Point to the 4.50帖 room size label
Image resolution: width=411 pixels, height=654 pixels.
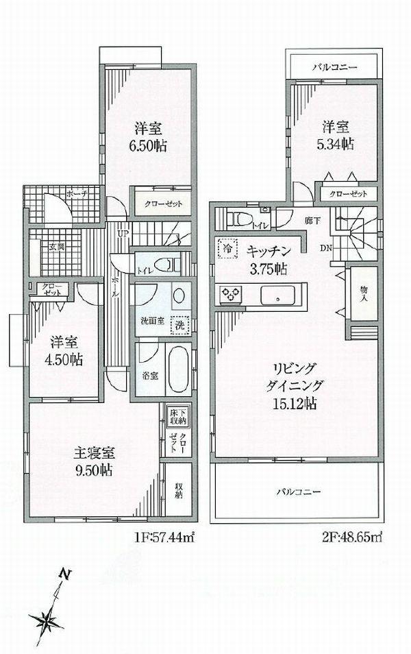[x=65, y=359]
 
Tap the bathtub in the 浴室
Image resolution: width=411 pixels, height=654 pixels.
[x=177, y=368]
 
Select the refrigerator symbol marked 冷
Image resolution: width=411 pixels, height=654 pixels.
[x=225, y=247]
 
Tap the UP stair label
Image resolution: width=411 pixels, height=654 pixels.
[x=123, y=234]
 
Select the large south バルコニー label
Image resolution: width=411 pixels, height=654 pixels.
[x=298, y=492]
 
